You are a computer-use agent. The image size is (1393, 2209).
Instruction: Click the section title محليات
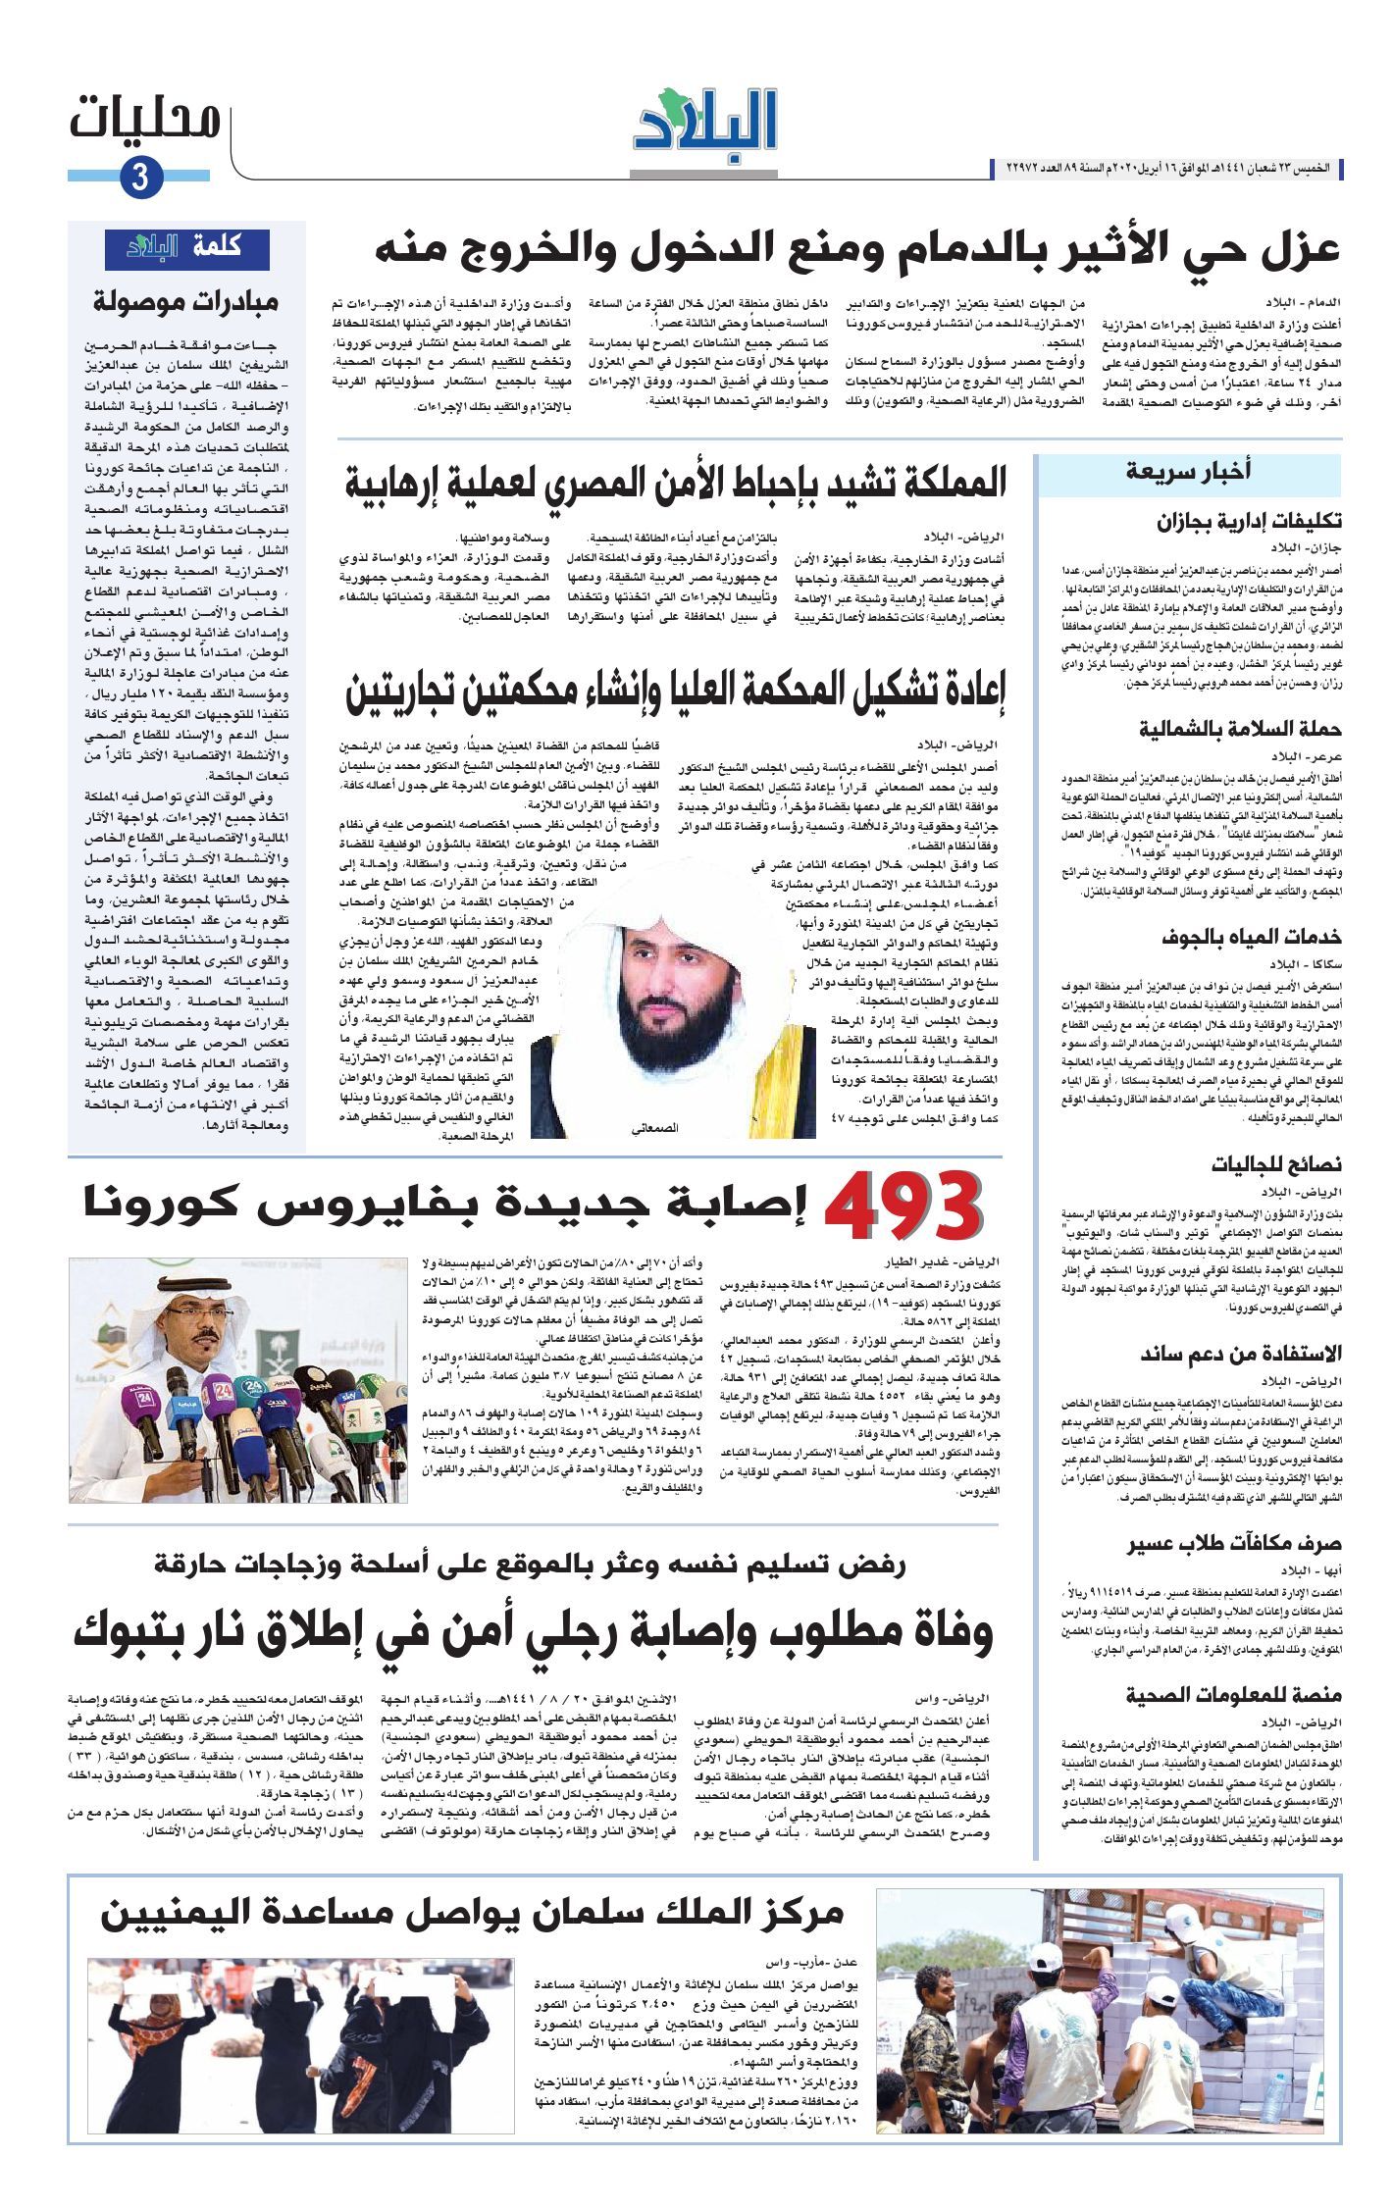coord(145,120)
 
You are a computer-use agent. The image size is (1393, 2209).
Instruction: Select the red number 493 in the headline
coord(903,1208)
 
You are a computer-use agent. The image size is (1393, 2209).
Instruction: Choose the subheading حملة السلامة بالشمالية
coord(1240,729)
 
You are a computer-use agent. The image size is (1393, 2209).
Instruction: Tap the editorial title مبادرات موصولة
coord(186,302)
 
